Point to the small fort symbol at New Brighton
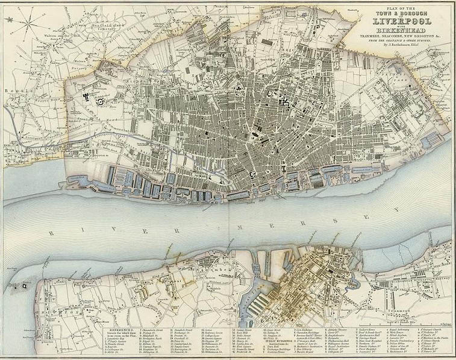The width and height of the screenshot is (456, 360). tap(24, 286)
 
